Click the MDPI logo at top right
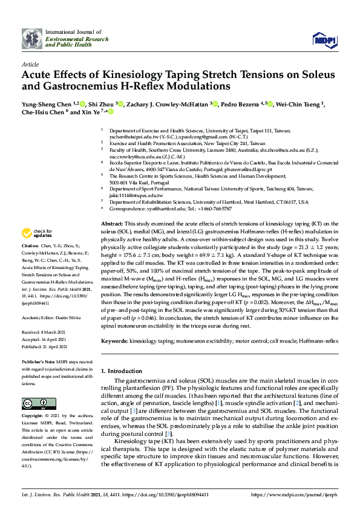click(x=324, y=41)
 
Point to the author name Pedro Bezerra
click(x=241, y=104)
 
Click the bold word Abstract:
click(x=113, y=224)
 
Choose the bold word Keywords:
click(x=115, y=341)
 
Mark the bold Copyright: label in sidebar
click(x=33, y=417)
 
